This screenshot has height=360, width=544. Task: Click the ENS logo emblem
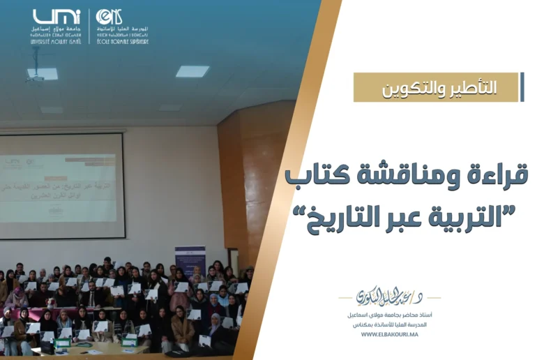[x=109, y=17]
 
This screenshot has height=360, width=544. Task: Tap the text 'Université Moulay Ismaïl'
[x=56, y=42]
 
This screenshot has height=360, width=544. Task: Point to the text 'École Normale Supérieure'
[x=123, y=41]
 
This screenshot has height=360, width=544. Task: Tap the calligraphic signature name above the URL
[x=388, y=297]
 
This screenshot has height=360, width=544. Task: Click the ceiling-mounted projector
[x=43, y=73]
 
